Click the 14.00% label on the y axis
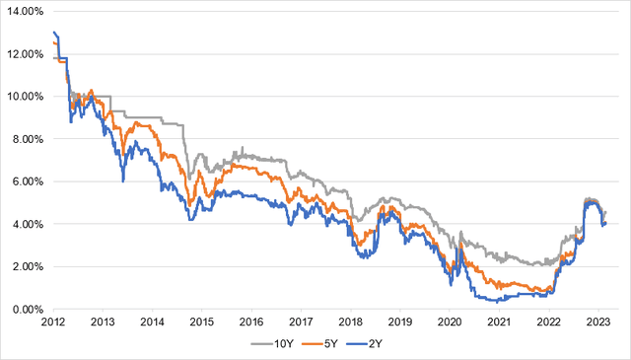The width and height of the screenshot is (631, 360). [x=26, y=11]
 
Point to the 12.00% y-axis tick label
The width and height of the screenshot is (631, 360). [x=26, y=54]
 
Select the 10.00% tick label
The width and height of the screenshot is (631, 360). [x=26, y=97]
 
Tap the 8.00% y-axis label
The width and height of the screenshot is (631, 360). [x=28, y=139]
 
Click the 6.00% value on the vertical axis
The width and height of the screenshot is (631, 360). [x=28, y=181]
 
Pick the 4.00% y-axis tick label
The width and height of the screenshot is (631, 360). [x=28, y=224]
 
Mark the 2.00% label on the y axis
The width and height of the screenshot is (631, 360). [x=28, y=266]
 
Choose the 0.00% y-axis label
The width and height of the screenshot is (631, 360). [x=28, y=310]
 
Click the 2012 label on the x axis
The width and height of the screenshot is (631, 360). [x=53, y=323]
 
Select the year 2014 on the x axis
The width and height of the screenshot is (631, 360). [x=152, y=323]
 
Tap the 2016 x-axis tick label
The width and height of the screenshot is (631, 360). [x=251, y=323]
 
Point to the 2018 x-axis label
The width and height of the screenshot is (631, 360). [x=351, y=323]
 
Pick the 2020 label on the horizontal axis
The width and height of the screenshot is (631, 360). [x=450, y=323]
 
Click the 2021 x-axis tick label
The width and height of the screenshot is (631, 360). [x=500, y=323]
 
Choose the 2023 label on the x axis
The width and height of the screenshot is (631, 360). [x=598, y=323]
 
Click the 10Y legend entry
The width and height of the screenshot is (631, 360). [x=272, y=344]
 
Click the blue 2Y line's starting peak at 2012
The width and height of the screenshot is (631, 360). [x=54, y=33]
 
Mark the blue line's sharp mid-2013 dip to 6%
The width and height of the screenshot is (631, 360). [x=122, y=180]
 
